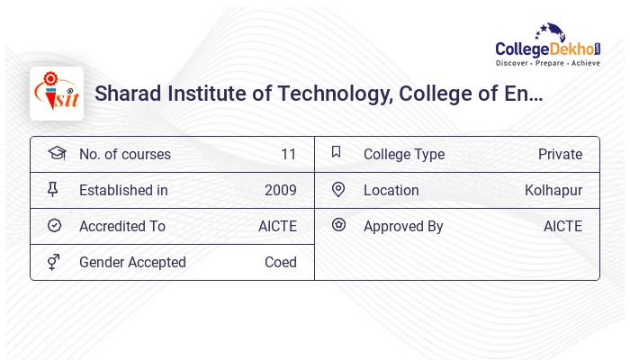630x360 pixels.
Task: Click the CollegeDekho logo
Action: (548, 46)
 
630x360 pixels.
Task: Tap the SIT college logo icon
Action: (57, 94)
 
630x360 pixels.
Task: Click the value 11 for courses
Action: (288, 155)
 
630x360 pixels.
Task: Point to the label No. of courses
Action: (124, 155)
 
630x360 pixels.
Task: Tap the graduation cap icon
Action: (57, 153)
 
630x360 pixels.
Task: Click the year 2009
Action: (280, 191)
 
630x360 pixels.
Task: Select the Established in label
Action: (123, 191)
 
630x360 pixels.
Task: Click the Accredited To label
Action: (122, 227)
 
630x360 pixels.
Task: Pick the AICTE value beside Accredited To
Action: (277, 227)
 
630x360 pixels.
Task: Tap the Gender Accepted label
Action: (132, 263)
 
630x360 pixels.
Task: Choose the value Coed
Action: (280, 263)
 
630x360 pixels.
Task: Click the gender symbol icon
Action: (54, 262)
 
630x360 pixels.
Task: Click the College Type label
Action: (403, 155)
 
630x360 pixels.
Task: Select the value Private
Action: (560, 155)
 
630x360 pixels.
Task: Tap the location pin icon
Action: (338, 190)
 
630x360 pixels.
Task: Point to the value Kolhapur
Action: (553, 191)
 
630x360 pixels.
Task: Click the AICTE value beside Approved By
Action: (562, 227)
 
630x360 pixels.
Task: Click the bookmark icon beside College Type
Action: (337, 152)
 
